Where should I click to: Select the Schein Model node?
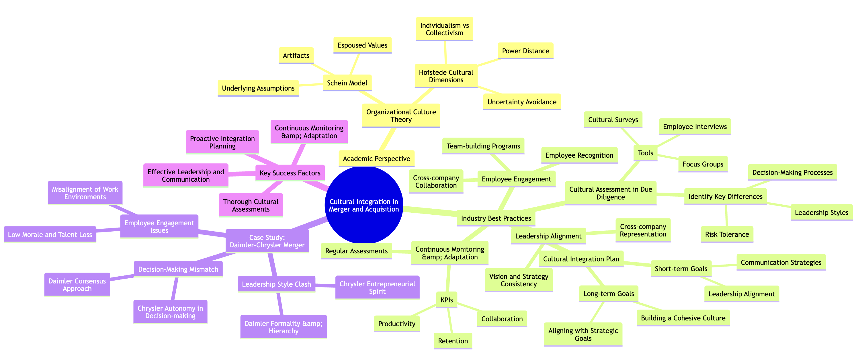pyautogui.click(x=347, y=83)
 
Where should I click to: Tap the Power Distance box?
pyautogui.click(x=525, y=51)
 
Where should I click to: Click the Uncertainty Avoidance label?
pyautogui.click(x=522, y=102)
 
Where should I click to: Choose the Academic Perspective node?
pyautogui.click(x=377, y=159)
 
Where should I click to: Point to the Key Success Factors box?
pyautogui.click(x=290, y=173)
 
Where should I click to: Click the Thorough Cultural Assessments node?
pyautogui.click(x=251, y=206)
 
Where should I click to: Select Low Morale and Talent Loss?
pyautogui.click(x=50, y=234)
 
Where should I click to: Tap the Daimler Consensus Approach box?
pyautogui.click(x=77, y=285)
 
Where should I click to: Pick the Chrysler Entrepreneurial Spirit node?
pyautogui.click(x=377, y=287)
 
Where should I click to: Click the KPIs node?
pyautogui.click(x=447, y=300)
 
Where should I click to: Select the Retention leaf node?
pyautogui.click(x=453, y=341)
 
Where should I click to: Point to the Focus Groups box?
pyautogui.click(x=703, y=164)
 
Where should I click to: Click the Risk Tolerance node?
pyautogui.click(x=727, y=234)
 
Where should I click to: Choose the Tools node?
pyautogui.click(x=645, y=153)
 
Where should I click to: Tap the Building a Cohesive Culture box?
pyautogui.click(x=683, y=318)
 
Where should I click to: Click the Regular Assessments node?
pyautogui.click(x=357, y=251)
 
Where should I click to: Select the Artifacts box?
pyautogui.click(x=296, y=55)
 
